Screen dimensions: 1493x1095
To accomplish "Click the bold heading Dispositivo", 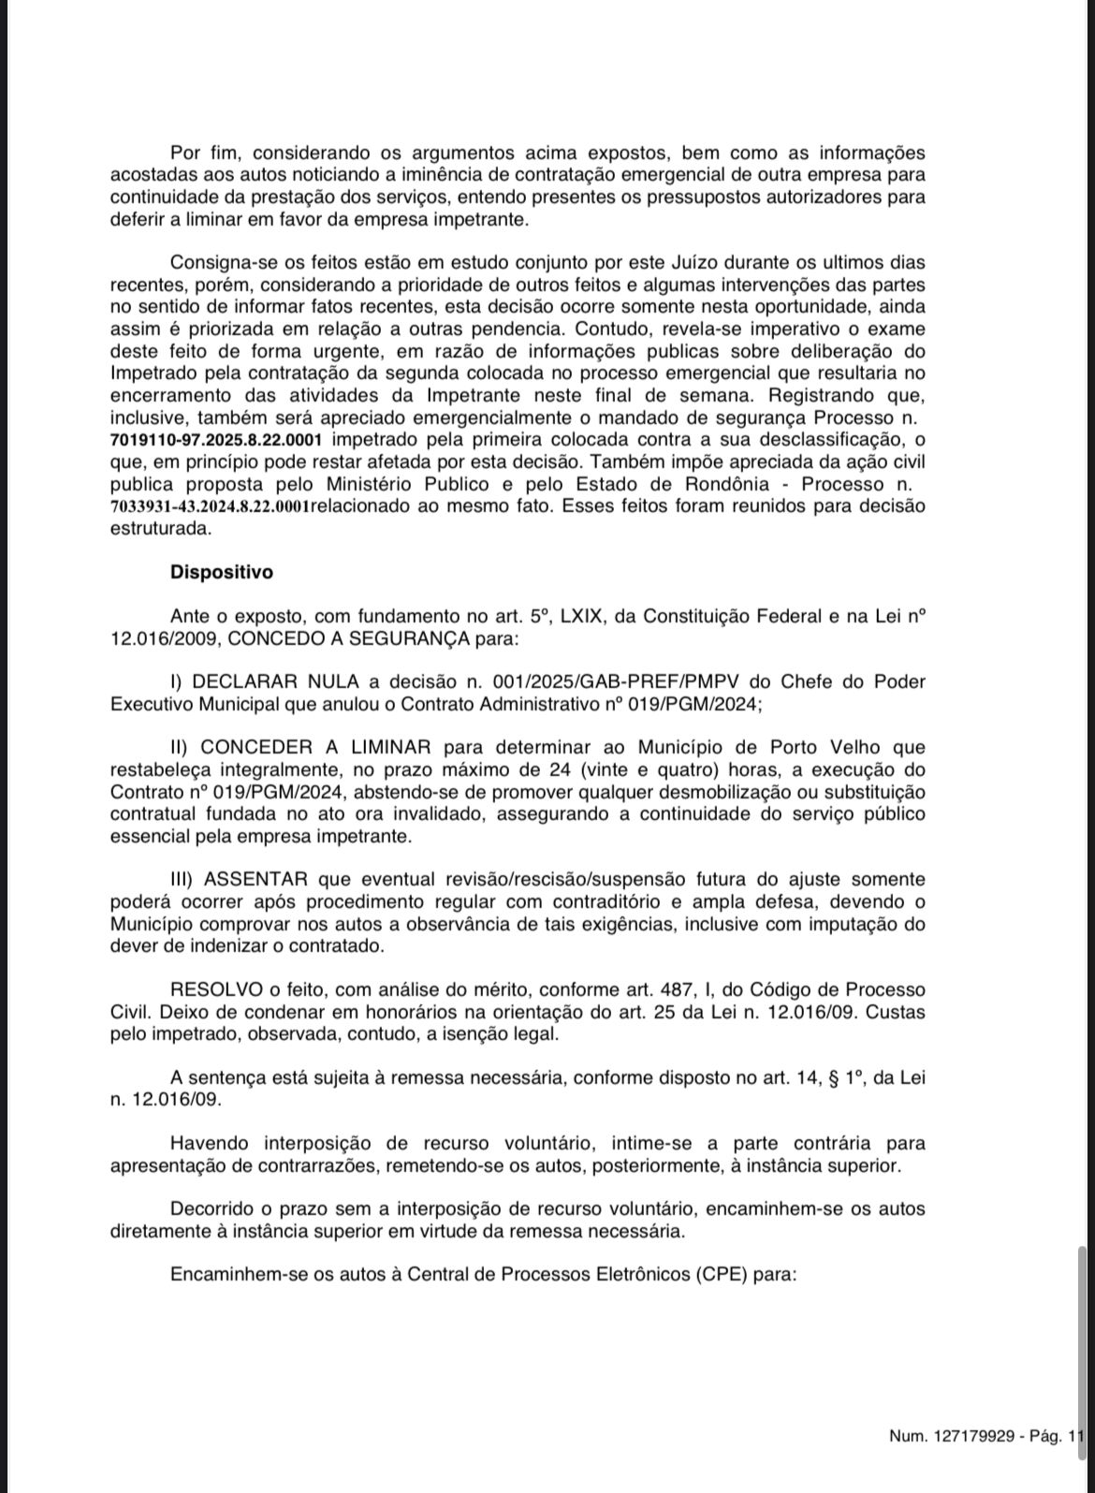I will [x=221, y=571].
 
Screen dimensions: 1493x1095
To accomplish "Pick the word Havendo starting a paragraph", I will [x=211, y=1143].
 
